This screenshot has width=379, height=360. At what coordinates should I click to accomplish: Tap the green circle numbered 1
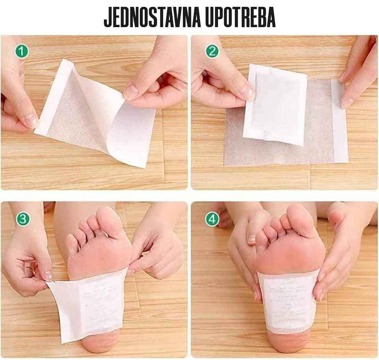(x=22, y=51)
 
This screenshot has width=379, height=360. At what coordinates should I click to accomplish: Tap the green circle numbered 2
(x=212, y=51)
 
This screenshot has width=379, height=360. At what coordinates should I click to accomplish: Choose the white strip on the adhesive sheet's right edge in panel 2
(x=340, y=123)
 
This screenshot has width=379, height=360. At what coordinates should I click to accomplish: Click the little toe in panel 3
(x=71, y=243)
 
